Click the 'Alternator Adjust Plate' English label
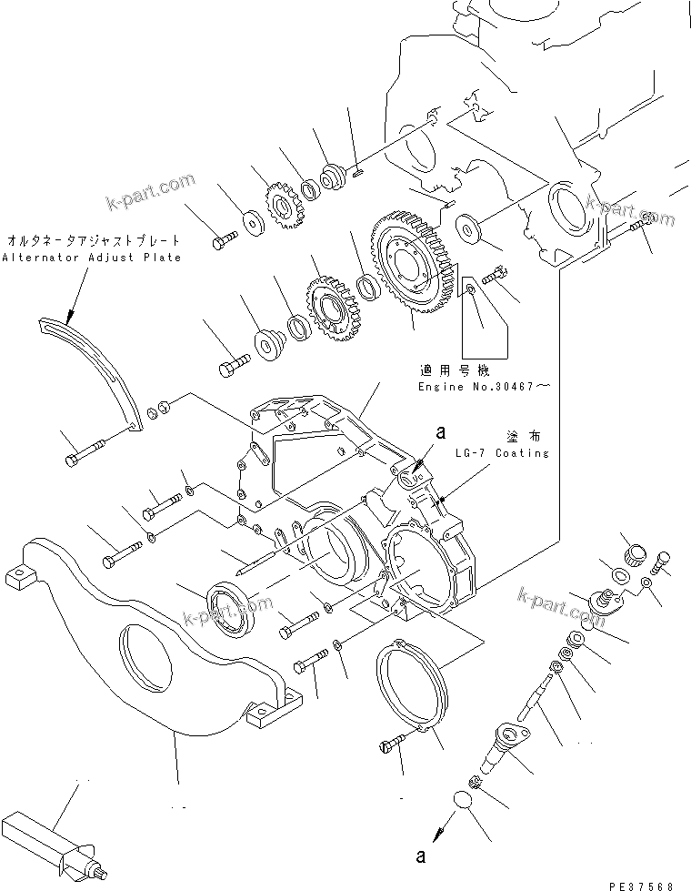point(91,258)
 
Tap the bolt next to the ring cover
point(390,747)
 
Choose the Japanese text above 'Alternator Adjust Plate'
point(92,242)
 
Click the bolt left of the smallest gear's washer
point(224,239)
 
